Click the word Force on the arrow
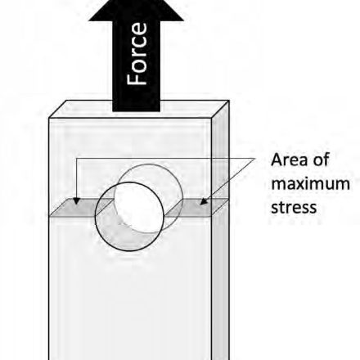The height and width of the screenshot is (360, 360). click(137, 54)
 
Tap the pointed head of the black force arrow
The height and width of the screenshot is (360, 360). click(137, 11)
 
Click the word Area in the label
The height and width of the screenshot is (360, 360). click(289, 160)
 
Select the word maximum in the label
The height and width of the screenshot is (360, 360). click(310, 184)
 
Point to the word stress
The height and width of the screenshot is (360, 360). click(294, 207)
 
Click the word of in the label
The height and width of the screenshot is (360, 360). click(321, 160)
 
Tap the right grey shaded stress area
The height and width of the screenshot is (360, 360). click(197, 208)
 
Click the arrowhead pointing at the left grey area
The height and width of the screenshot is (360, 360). click(77, 201)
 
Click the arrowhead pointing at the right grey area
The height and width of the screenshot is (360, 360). click(203, 201)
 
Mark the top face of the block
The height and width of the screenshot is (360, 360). click(138, 109)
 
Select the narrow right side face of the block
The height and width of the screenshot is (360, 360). click(220, 232)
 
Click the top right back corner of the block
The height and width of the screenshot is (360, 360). click(228, 101)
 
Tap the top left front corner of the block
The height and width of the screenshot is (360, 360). click(49, 118)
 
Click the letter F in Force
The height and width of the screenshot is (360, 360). click(137, 79)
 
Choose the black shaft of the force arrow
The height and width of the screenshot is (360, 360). click(137, 66)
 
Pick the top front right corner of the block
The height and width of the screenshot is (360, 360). click(212, 119)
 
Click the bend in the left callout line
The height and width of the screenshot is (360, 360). click(76, 158)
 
